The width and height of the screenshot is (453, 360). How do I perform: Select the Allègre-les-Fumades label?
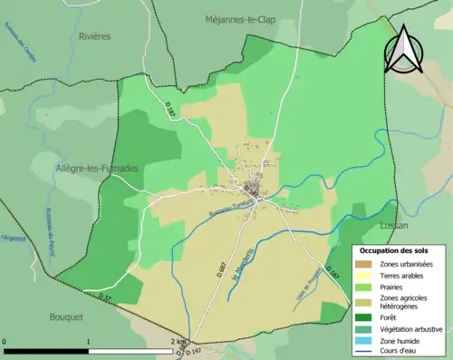click(x=98, y=169)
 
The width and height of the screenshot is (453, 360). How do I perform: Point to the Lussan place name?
click(x=394, y=225)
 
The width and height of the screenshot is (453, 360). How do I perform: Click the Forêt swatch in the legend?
click(x=367, y=317)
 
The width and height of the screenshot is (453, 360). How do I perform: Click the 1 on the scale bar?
click(x=88, y=342)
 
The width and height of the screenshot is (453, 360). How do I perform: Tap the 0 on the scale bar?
click(x=5, y=342)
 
